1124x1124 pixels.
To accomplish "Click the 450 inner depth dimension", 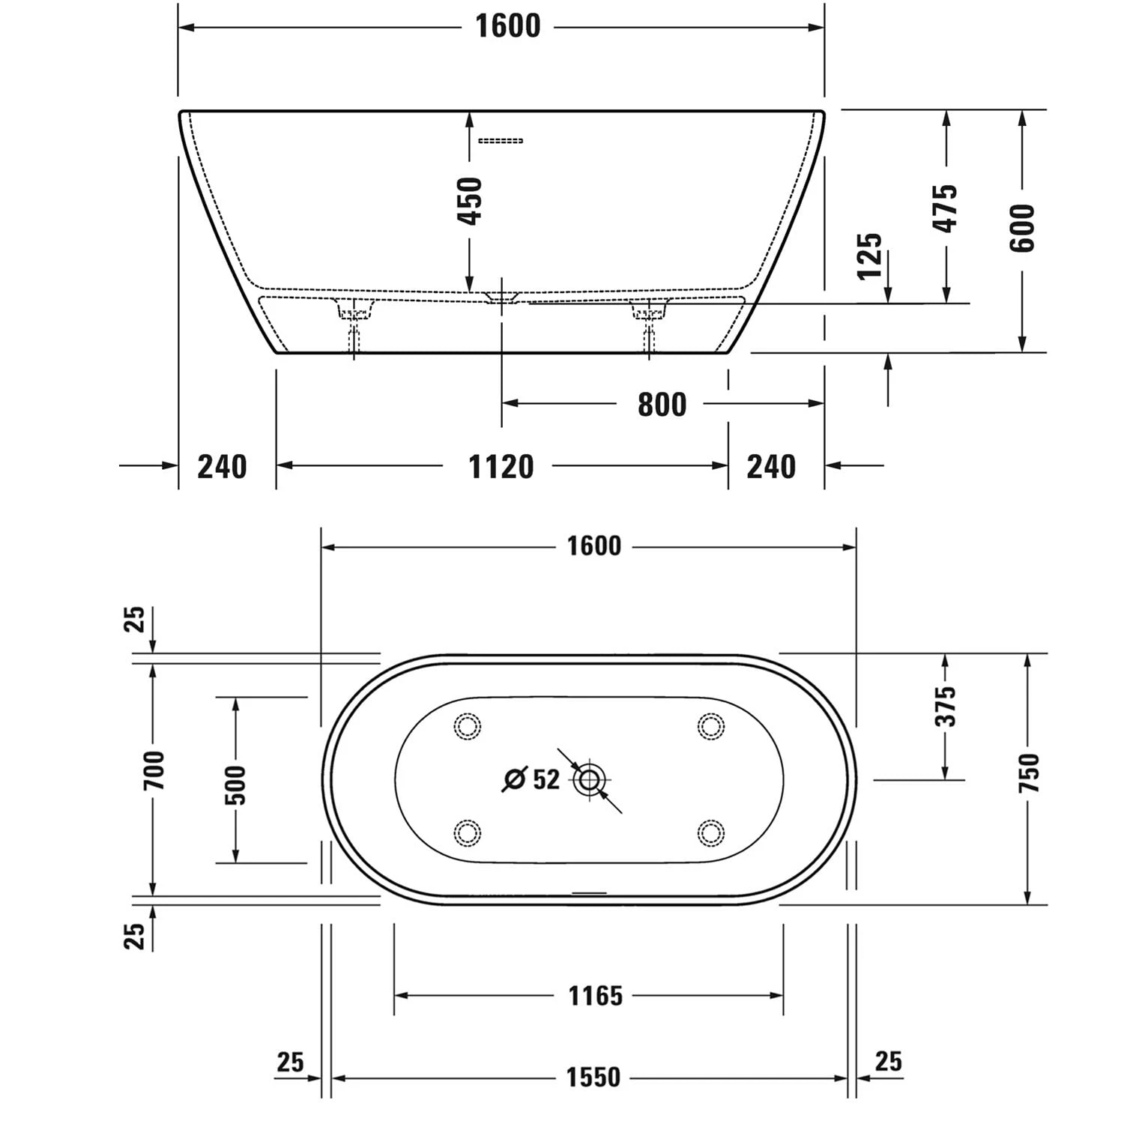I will (x=470, y=201).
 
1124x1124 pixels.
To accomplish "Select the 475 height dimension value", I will (x=946, y=208).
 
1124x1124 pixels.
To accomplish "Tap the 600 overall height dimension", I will (x=1022, y=227).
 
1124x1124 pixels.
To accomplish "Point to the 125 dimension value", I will (x=870, y=256).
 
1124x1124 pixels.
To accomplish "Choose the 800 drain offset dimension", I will (x=662, y=405).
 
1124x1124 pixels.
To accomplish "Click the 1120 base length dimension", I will (x=501, y=467).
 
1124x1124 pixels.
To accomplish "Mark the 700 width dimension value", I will (x=154, y=770).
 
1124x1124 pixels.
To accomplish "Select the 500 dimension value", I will (x=235, y=785).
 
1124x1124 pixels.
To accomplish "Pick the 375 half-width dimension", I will (x=946, y=705).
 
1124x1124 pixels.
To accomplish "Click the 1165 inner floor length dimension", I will (x=595, y=996).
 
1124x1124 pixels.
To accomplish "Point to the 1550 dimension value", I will (x=593, y=1078).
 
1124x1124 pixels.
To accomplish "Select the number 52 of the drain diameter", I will (x=546, y=779).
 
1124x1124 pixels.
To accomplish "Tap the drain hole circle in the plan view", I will (x=590, y=780).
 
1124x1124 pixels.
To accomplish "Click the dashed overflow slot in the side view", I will (x=501, y=141).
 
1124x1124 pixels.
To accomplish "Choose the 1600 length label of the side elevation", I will (x=507, y=27).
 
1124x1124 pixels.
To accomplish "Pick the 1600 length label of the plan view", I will (x=593, y=546).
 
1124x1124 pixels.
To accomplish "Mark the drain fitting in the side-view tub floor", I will (x=501, y=297).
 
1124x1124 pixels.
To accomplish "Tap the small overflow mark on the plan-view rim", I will (x=589, y=892).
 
